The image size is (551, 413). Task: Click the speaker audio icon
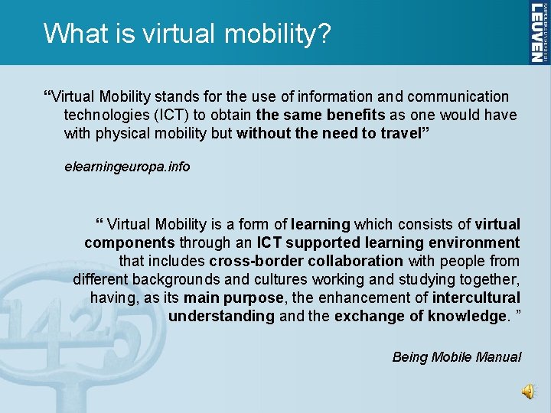[x=529, y=392]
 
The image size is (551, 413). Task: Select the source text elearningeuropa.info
[x=127, y=166]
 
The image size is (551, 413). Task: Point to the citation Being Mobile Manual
[x=456, y=356]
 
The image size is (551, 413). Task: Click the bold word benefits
[x=350, y=115]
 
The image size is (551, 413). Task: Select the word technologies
[x=107, y=115]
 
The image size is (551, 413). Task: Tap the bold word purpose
[x=255, y=298]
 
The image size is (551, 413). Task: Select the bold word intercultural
[x=476, y=298]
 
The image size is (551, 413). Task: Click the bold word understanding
[x=221, y=316]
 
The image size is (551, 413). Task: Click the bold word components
[x=129, y=242]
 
